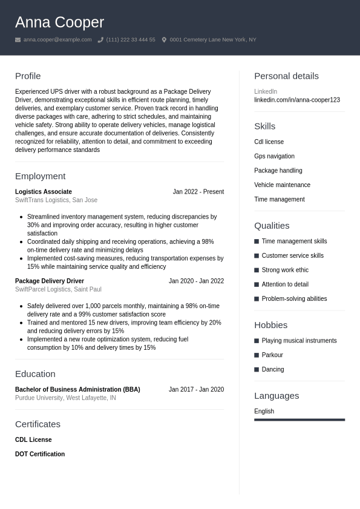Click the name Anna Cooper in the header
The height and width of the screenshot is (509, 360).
coord(59,22)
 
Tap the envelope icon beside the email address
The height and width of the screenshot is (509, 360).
coord(18,40)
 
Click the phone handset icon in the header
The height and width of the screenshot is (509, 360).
coord(100,40)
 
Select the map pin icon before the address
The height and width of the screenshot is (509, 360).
coord(164,40)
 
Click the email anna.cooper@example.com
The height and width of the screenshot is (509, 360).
coord(57,40)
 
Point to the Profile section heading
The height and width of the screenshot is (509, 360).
coord(28,76)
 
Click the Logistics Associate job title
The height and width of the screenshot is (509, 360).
coord(44,192)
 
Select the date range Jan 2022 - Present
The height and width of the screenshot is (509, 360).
coord(198,192)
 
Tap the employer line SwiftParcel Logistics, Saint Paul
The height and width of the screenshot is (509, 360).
coord(58,289)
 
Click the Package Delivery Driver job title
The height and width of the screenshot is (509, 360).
coord(50,281)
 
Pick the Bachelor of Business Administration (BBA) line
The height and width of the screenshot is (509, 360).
coord(77,390)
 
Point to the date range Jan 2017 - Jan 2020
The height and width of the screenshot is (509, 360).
coord(196,390)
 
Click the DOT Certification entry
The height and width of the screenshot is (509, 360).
coord(40,454)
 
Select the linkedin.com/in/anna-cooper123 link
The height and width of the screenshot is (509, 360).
coord(296,100)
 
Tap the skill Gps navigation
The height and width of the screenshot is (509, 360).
coord(274,156)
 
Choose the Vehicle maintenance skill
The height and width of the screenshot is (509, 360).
coord(282,185)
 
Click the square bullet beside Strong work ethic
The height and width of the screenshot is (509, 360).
coord(257,270)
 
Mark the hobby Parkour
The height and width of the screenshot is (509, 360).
coord(272,355)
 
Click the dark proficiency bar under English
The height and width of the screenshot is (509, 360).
coord(299,419)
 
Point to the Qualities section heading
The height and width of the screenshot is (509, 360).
coord(272,226)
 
